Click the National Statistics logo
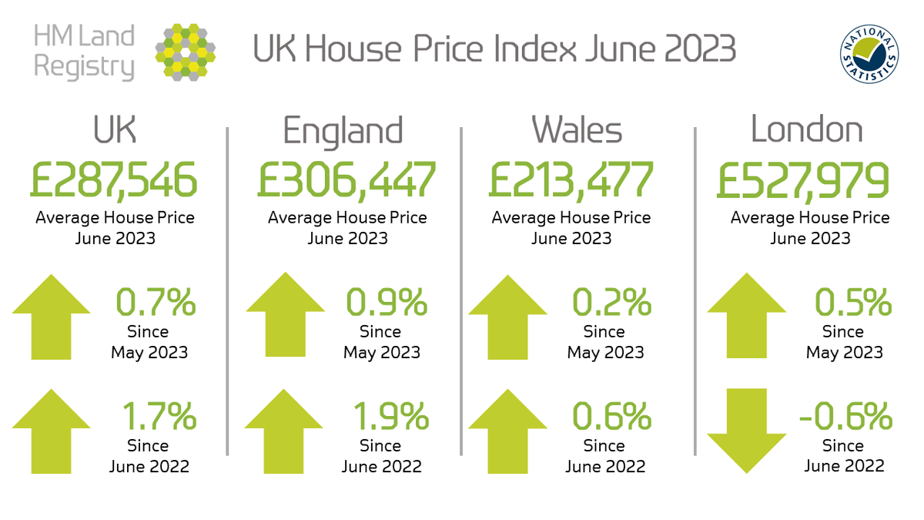tap(869, 52)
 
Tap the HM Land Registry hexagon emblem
tap(185, 52)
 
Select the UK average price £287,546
tap(114, 180)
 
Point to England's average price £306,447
tap(346, 180)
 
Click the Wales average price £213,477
tap(571, 180)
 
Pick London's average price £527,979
tap(802, 180)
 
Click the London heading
tap(806, 130)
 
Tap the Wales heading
tap(577, 130)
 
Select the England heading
tap(343, 130)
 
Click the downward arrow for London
tap(746, 431)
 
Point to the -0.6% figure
tap(845, 418)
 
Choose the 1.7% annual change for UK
tap(159, 418)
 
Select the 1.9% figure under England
tap(390, 418)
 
